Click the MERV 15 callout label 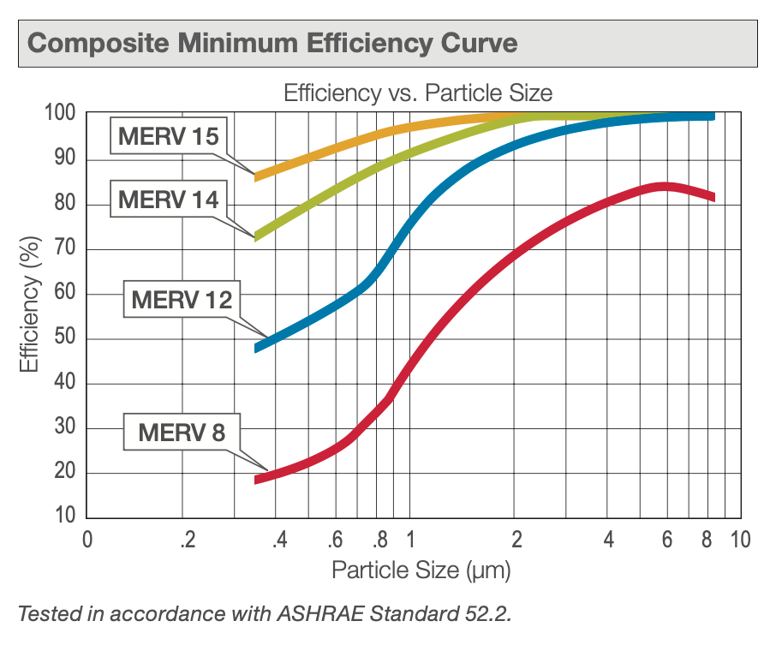pyautogui.click(x=168, y=136)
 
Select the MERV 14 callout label pyautogui.click(x=168, y=200)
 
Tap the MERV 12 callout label pyautogui.click(x=182, y=300)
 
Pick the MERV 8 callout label pyautogui.click(x=182, y=433)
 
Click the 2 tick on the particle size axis pyautogui.click(x=516, y=541)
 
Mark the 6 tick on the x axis pyautogui.click(x=666, y=541)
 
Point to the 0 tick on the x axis pyautogui.click(x=87, y=541)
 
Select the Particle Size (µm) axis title pyautogui.click(x=421, y=569)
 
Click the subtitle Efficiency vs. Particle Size pyautogui.click(x=418, y=93)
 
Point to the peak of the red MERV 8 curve pyautogui.click(x=664, y=187)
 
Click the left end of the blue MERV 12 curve pyautogui.click(x=258, y=348)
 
